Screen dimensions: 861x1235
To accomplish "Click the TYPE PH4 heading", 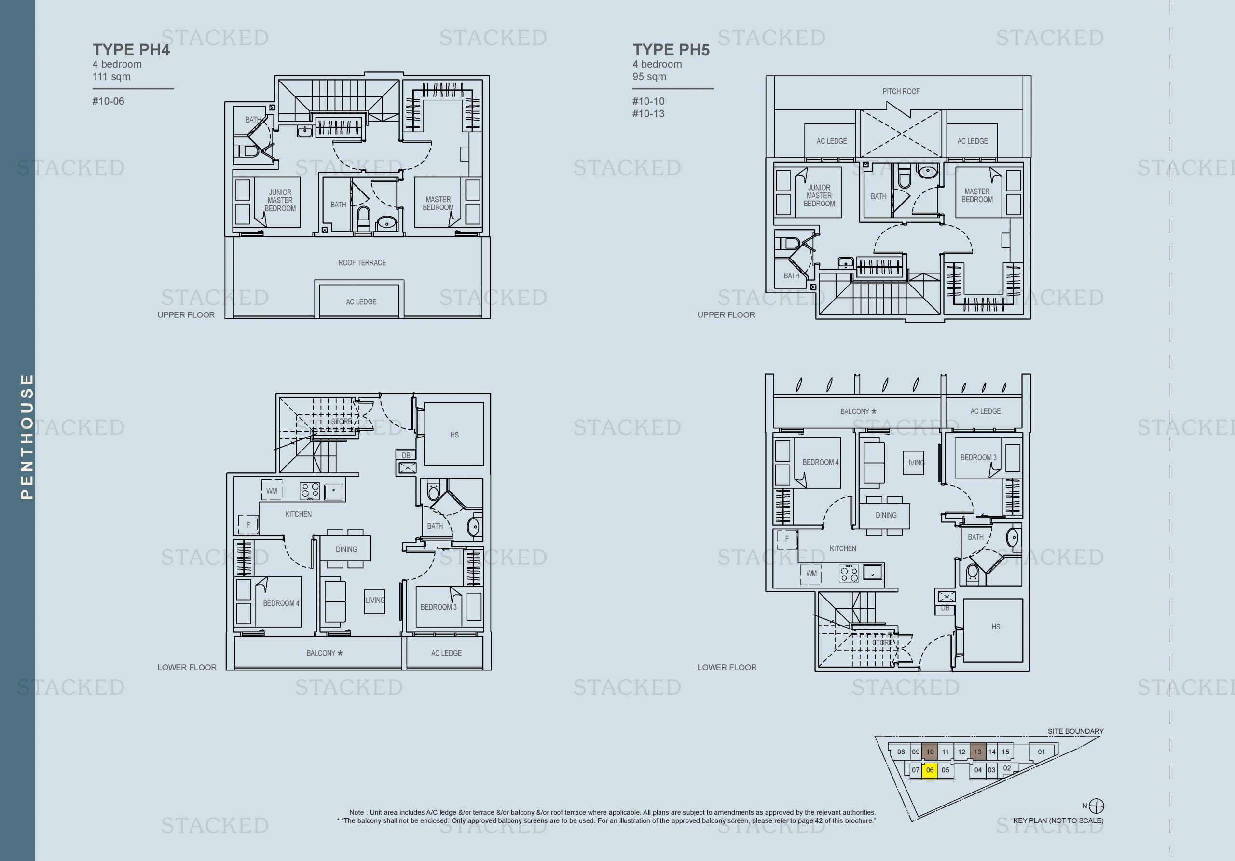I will click(x=131, y=50).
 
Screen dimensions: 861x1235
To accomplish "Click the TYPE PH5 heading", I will click(x=671, y=50).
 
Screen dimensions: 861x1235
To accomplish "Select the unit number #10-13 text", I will click(x=648, y=113).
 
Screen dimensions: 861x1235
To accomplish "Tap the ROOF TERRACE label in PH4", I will click(x=362, y=262).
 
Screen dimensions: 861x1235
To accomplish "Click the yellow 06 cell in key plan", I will click(x=930, y=770).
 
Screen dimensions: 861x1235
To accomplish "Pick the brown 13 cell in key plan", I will click(x=977, y=752).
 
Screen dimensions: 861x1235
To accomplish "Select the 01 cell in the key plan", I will click(x=1042, y=752).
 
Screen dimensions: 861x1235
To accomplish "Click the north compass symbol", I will click(x=1096, y=806).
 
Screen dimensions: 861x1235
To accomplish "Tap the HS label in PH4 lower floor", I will click(x=454, y=435).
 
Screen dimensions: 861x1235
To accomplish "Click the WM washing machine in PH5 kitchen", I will click(x=811, y=574).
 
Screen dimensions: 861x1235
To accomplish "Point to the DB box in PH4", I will click(x=406, y=455).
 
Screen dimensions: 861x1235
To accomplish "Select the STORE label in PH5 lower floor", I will click(x=882, y=642).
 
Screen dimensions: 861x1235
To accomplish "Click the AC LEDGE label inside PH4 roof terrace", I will click(x=361, y=301).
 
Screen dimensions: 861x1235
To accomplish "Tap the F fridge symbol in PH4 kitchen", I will click(x=248, y=524).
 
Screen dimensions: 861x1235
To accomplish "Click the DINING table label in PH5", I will click(x=885, y=515).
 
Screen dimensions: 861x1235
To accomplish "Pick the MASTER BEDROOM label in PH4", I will click(x=438, y=203).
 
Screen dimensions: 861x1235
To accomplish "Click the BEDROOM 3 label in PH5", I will click(x=978, y=458).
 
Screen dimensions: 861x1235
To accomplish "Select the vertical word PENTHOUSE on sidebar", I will click(x=27, y=436).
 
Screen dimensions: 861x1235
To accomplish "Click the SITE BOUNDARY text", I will click(x=1075, y=731).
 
